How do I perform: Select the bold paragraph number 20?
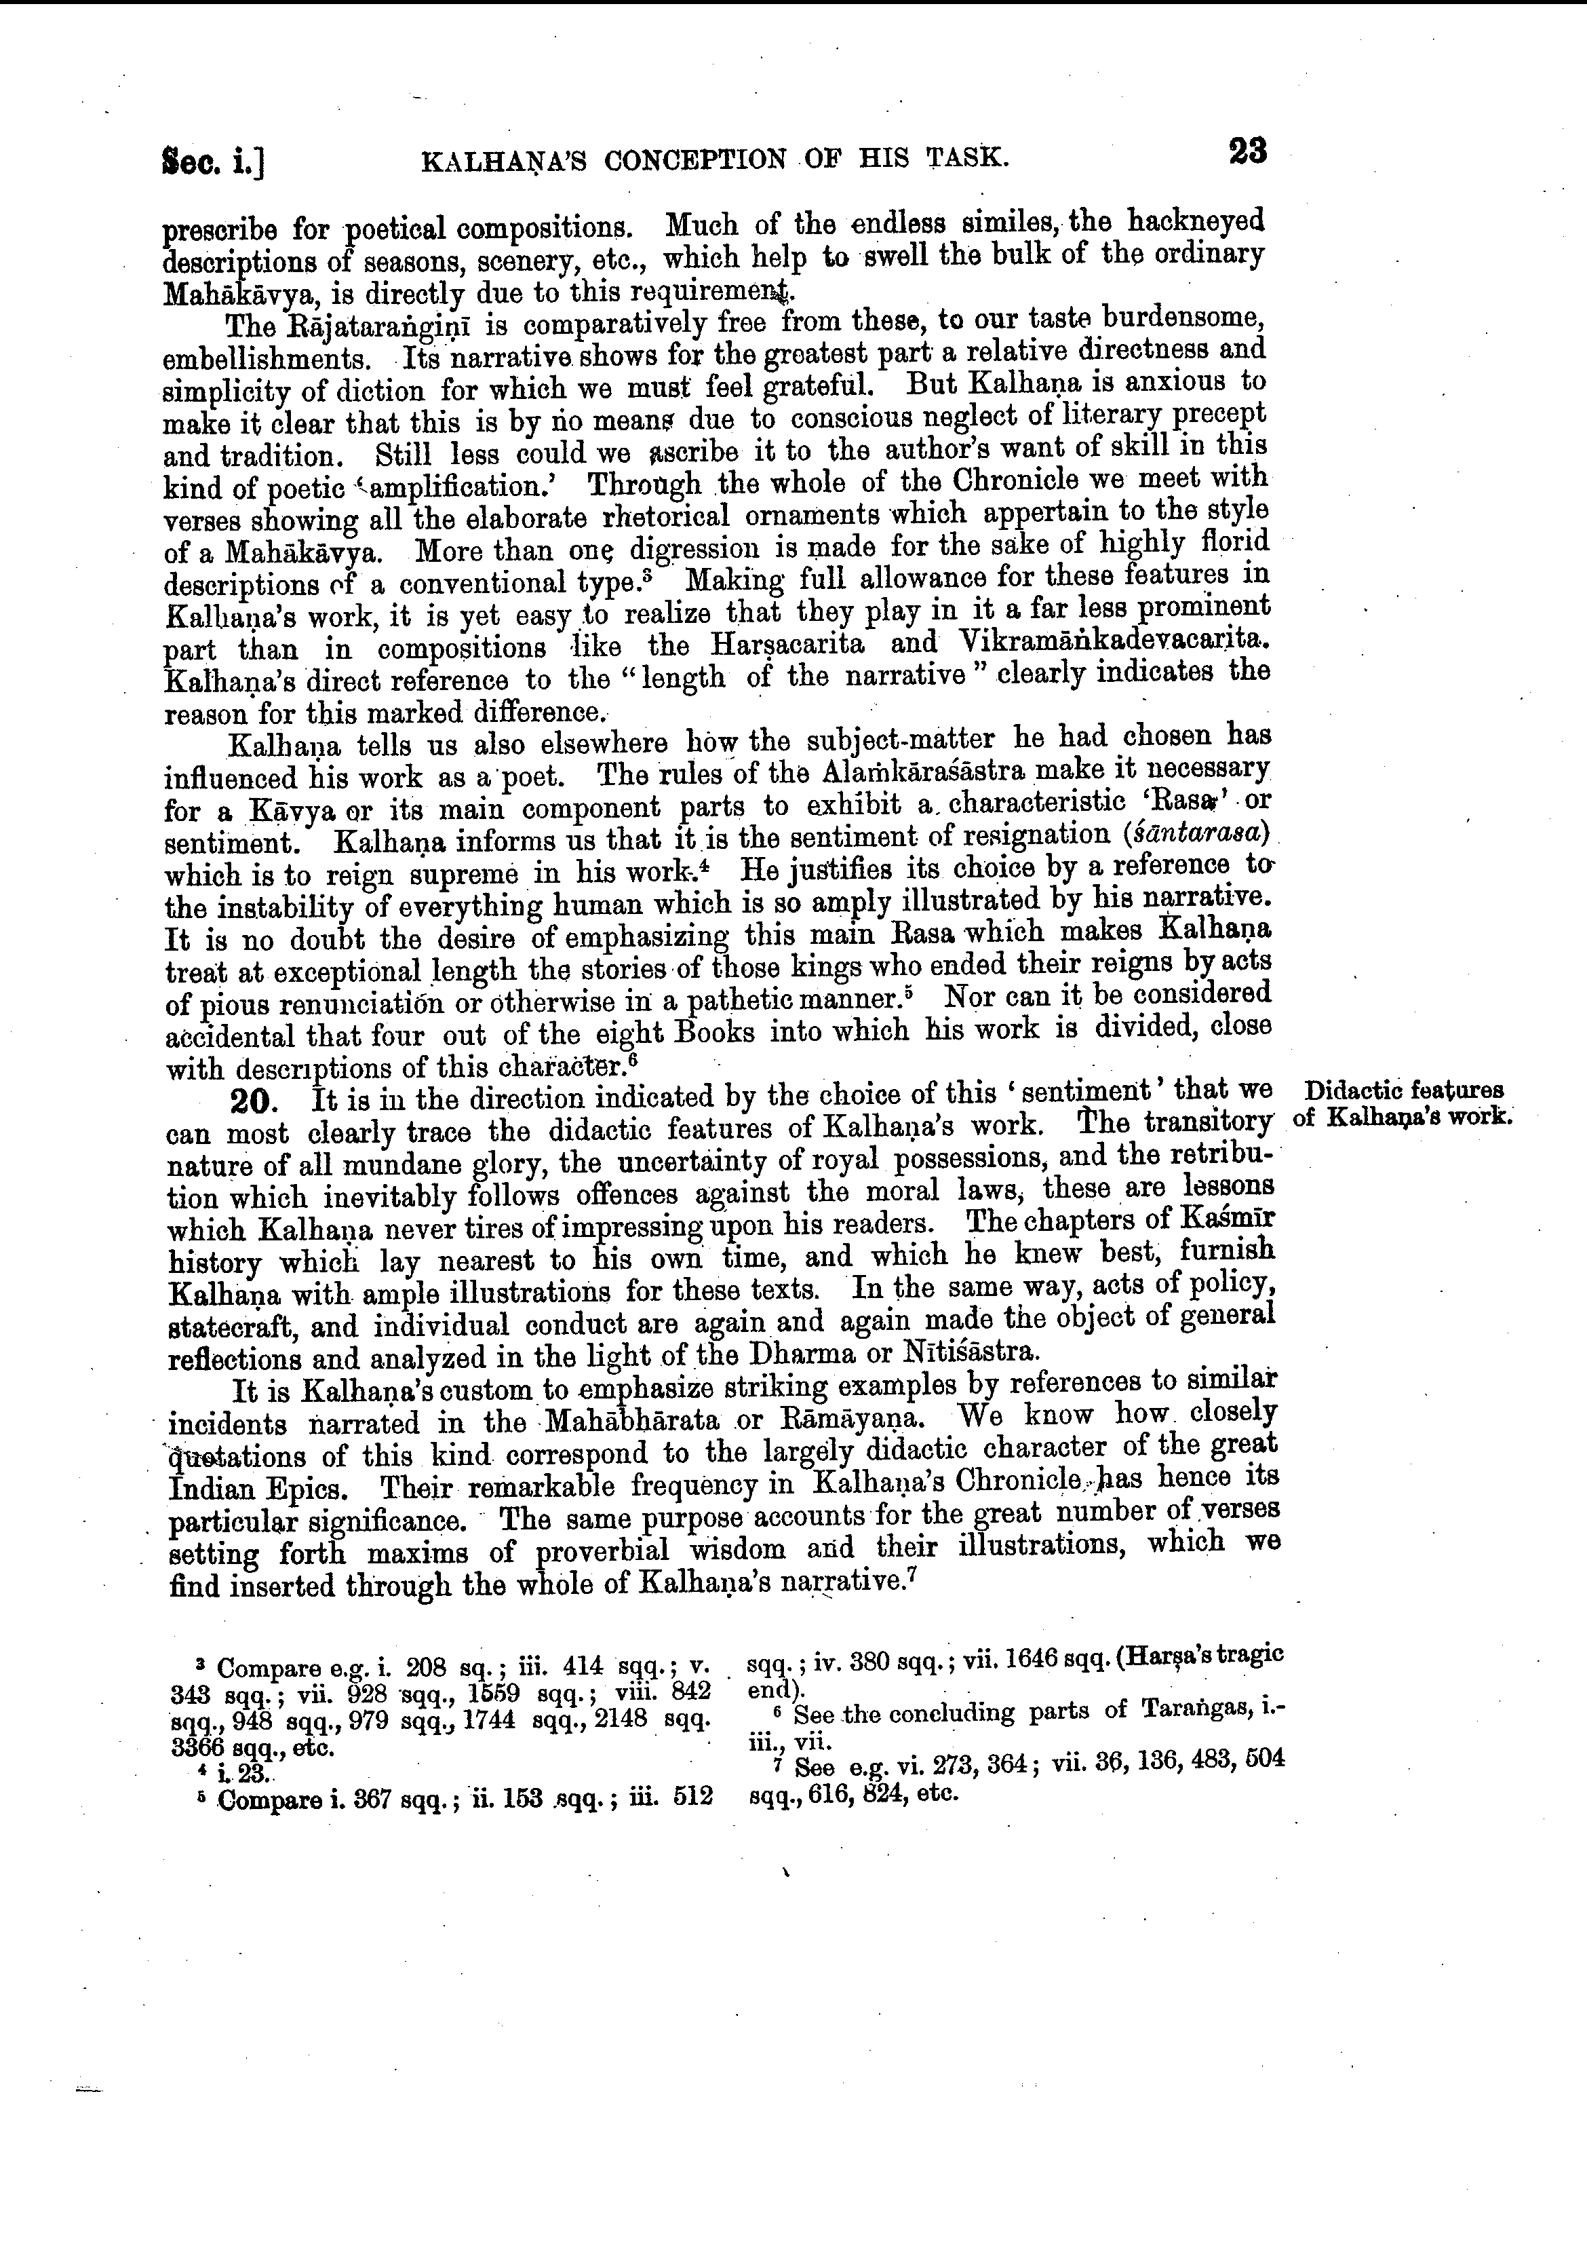coord(256,1101)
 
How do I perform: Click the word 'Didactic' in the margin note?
coord(1352,1090)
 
